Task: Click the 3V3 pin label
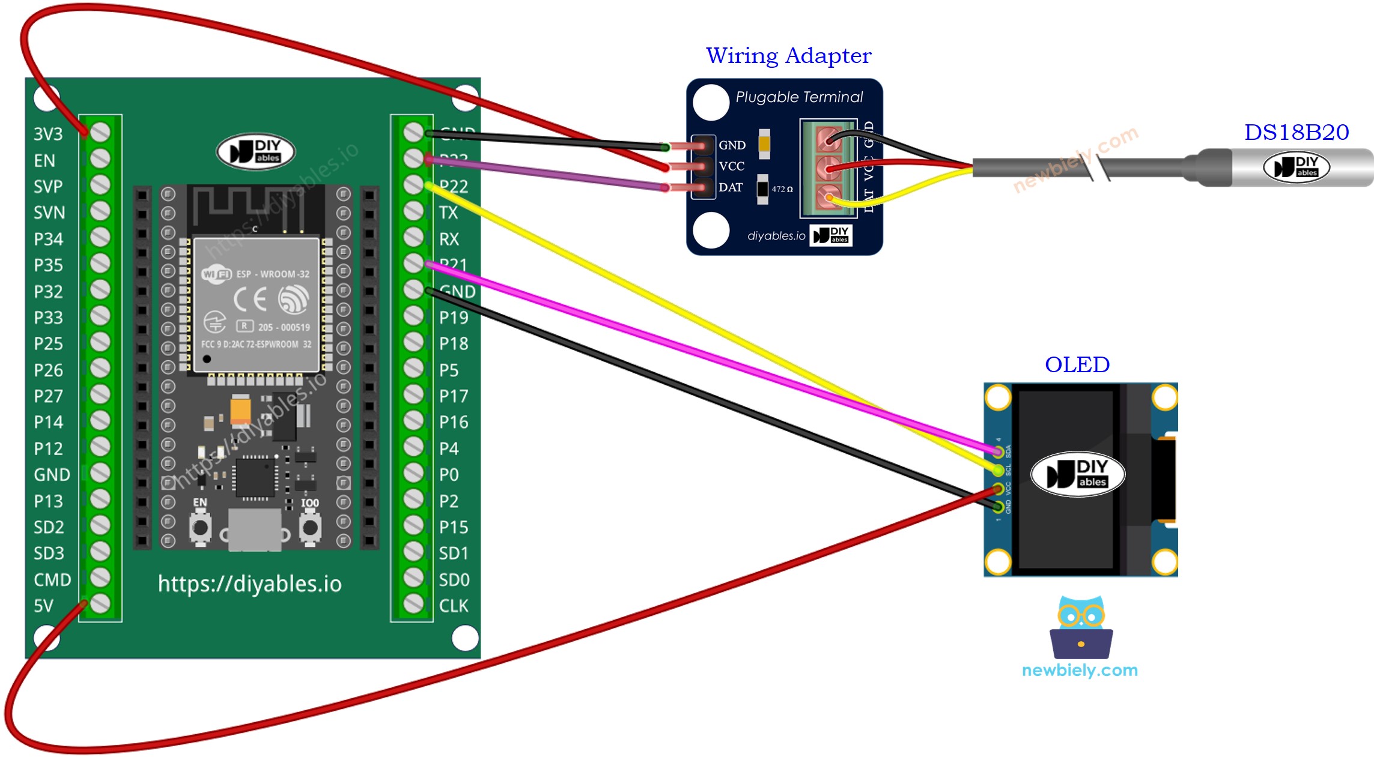coord(48,134)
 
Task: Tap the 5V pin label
coord(43,606)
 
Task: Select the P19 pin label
coord(454,318)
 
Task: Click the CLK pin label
coord(454,606)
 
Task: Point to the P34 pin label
coord(48,239)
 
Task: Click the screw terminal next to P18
coord(413,342)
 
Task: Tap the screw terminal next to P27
coord(100,394)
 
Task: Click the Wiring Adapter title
coord(788,55)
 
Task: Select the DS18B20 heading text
coord(1296,132)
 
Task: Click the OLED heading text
coord(1077,364)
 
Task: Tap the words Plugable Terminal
coord(798,97)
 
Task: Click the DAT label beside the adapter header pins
coord(731,187)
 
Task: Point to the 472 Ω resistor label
coord(782,189)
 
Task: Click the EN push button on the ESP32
coord(200,528)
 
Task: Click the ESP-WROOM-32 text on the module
coord(273,274)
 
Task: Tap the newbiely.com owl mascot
coord(1081,627)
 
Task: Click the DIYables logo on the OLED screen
coord(1077,474)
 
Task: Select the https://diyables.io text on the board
coord(249,584)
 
